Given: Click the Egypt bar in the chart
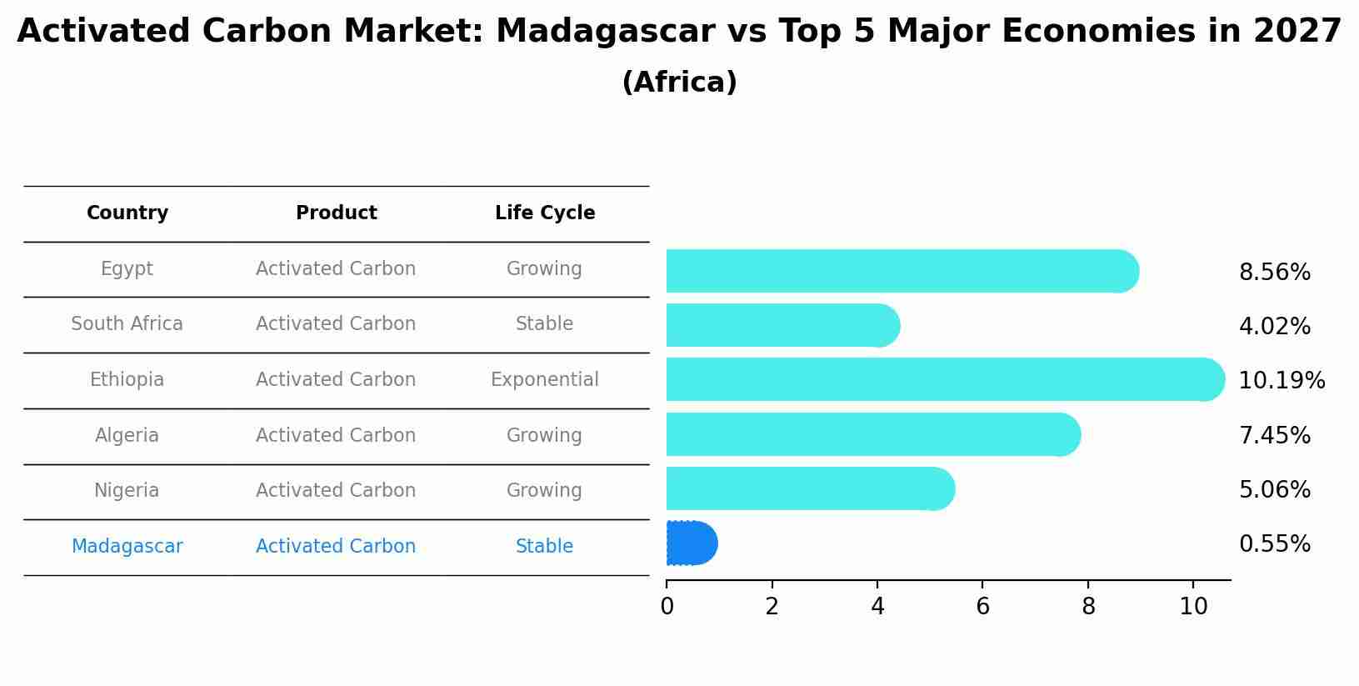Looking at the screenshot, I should [x=900, y=271].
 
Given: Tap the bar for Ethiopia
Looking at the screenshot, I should [x=942, y=379].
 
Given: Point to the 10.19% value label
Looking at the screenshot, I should [x=1281, y=381].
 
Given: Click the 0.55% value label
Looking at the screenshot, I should [x=1274, y=544].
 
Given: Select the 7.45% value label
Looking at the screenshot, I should [x=1274, y=435].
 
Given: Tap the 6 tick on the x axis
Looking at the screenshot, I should [x=982, y=606].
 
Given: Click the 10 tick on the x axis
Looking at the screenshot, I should [x=1193, y=606].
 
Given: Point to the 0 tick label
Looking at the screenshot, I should [x=667, y=606].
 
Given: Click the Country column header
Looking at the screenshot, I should [x=127, y=213].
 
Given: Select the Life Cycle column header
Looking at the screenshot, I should [x=545, y=213].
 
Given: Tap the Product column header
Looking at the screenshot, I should [x=336, y=213].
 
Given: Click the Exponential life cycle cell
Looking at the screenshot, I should [x=544, y=380].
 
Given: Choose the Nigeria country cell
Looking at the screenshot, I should [x=127, y=491].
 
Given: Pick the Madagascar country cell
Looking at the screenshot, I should [x=127, y=547].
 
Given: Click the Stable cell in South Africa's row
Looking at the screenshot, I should [x=544, y=324].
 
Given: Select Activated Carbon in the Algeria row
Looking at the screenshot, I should [x=336, y=436].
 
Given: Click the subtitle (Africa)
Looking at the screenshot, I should [x=679, y=83].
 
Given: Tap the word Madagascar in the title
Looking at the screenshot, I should [x=605, y=32].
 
